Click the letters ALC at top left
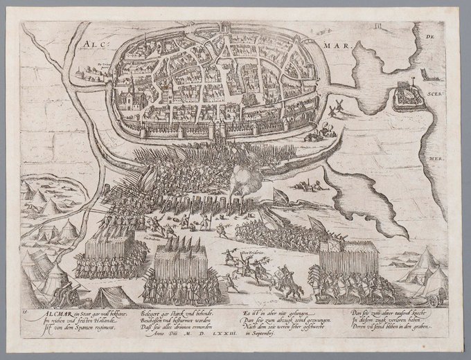click(93, 46)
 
